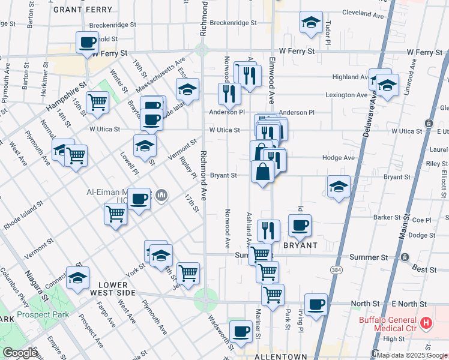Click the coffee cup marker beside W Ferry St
click(88, 43)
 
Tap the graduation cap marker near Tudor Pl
click(310, 23)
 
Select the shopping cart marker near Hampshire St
click(97, 102)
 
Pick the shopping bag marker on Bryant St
click(262, 172)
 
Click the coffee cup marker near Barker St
click(300, 226)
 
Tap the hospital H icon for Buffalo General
click(427, 323)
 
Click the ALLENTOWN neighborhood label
click(281, 356)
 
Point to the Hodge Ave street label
click(341, 158)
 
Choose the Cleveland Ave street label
click(363, 12)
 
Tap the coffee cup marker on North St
click(315, 304)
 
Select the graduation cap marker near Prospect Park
click(77, 278)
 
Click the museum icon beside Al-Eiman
click(161, 195)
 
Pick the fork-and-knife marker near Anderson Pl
click(229, 93)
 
